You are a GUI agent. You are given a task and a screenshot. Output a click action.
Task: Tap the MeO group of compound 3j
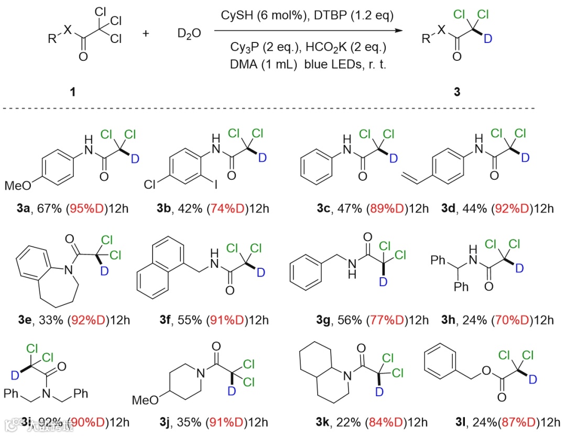click(144, 400)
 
